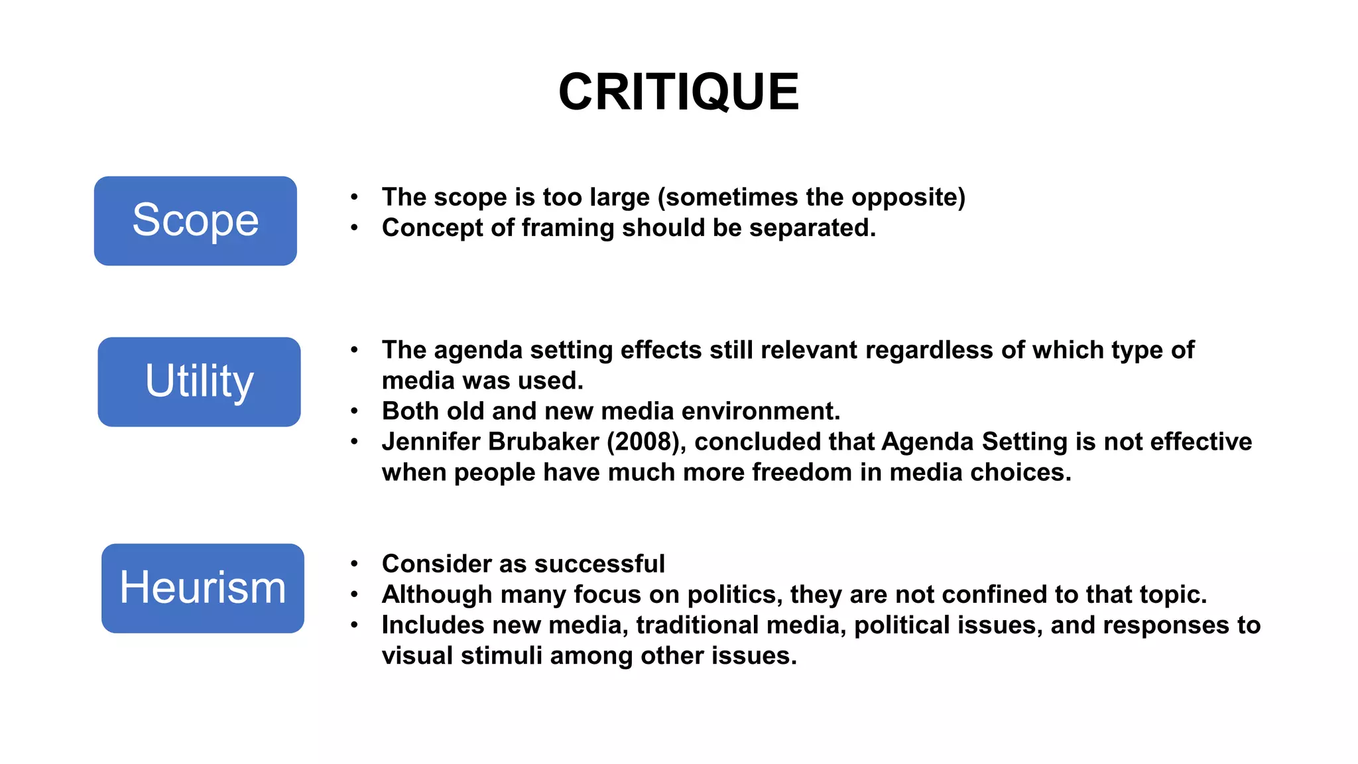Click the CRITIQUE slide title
pyautogui.click(x=678, y=92)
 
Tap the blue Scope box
pyautogui.click(x=196, y=221)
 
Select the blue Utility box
pyautogui.click(x=199, y=381)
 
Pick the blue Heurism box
pyautogui.click(x=203, y=588)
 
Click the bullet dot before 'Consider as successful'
pyautogui.click(x=355, y=564)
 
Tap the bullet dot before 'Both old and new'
pyautogui.click(x=355, y=411)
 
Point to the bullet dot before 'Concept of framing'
pyautogui.click(x=355, y=228)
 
